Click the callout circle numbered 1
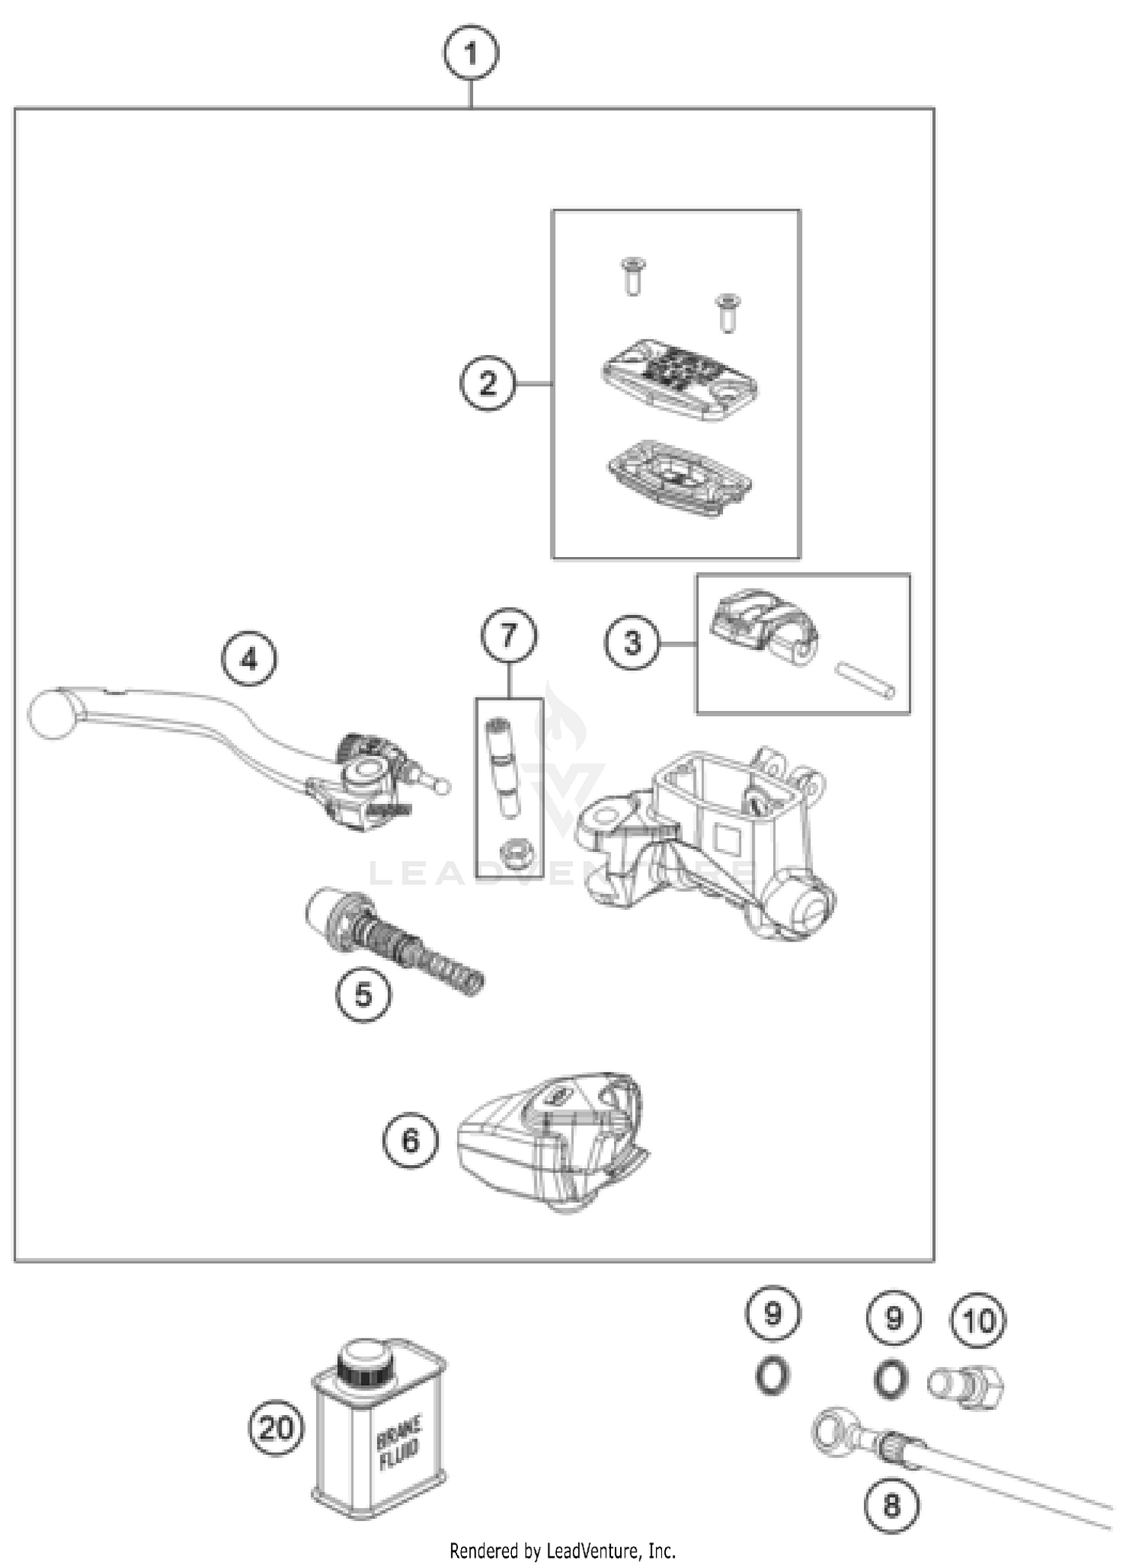coord(471,54)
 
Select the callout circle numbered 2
coord(488,384)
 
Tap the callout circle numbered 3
coord(633,643)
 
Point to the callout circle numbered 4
coord(249,659)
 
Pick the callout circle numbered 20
coord(276,1427)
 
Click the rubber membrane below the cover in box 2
coord(679,479)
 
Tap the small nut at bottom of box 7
coord(516,854)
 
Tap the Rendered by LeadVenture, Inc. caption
coord(562,1550)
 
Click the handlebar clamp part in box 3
coord(762,627)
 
